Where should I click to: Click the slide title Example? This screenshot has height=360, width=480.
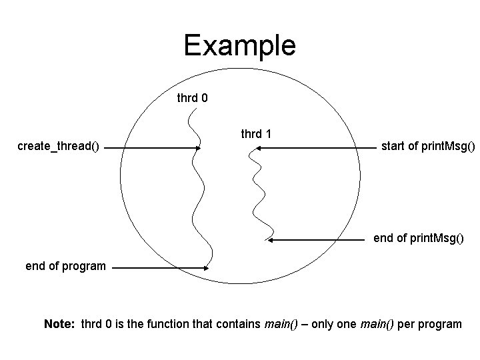239,45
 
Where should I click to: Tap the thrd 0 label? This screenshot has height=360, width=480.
192,98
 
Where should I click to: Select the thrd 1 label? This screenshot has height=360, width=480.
255,134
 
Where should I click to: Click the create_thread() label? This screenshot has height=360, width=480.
58,146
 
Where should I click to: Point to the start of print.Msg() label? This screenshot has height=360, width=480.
428,145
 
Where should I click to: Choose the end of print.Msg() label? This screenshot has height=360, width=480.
418,238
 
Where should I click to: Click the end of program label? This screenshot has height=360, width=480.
65,266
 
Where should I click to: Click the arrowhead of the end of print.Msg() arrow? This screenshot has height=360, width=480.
269,239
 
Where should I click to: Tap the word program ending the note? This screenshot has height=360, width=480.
438,324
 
